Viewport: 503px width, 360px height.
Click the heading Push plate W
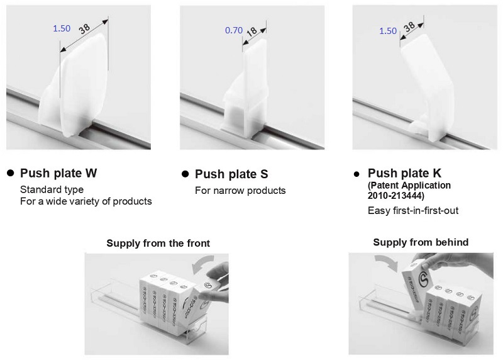58,173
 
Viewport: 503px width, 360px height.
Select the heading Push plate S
231,174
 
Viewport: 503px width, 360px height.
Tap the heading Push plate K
404,173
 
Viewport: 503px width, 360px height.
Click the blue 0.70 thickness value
234,30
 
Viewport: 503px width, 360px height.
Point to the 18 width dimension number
252,31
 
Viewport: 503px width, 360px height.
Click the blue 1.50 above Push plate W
62,28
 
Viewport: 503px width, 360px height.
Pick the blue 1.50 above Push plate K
388,31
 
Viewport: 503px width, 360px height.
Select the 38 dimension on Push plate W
84,29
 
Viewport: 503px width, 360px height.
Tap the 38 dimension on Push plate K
409,26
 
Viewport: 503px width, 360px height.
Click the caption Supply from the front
158,243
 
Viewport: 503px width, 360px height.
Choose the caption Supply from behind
421,242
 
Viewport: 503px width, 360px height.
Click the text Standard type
52,189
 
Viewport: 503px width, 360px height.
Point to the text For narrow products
240,191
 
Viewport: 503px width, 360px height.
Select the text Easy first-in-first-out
413,211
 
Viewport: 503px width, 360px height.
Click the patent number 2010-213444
395,196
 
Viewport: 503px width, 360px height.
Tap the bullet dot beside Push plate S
185,174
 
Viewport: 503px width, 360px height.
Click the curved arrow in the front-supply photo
201,262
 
